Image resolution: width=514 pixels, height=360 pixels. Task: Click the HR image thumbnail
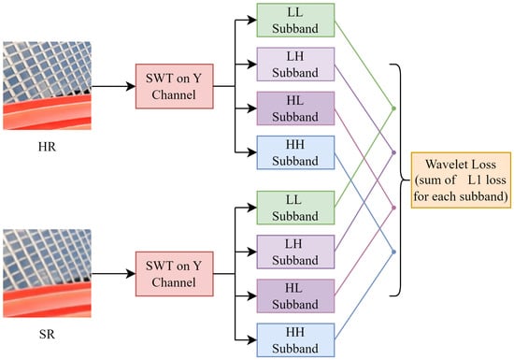coord(48,86)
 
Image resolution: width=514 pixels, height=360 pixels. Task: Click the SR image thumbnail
coord(48,273)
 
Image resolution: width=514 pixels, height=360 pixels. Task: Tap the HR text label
coord(48,147)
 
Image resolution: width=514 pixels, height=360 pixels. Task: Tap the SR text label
coord(47,335)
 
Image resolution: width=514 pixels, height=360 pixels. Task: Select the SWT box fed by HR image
coord(175,86)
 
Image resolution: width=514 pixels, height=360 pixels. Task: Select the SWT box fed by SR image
coord(175,274)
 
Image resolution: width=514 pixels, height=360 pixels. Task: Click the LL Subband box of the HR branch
coord(295,20)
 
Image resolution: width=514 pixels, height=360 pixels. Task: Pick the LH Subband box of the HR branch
coord(295,65)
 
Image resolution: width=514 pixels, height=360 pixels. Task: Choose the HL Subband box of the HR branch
coord(295,108)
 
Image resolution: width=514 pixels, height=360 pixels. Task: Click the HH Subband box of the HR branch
coord(295,152)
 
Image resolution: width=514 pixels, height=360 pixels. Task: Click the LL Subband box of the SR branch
coord(295,208)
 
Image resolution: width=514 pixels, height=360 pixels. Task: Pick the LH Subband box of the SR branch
coord(295,252)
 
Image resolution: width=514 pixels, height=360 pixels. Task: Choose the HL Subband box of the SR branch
coord(295,296)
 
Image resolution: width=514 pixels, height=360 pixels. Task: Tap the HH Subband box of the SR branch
coord(295,340)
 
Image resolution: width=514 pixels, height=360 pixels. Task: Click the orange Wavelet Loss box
coord(461,180)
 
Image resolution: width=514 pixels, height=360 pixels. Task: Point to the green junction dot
coord(393,108)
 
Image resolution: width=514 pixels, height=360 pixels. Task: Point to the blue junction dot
coord(393,252)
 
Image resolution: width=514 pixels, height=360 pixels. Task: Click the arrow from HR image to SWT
coord(113,86)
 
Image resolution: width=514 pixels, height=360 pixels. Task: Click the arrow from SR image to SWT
coord(113,274)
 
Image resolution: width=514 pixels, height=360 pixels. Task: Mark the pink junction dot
coord(393,208)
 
